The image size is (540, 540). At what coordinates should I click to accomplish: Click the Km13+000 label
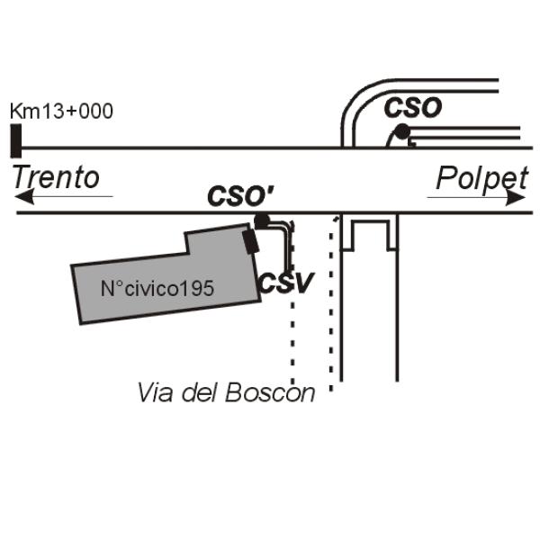61,111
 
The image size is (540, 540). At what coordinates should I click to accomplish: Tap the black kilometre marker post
16,140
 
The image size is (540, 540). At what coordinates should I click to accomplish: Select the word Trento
56,177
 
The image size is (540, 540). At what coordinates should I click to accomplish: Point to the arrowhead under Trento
25,196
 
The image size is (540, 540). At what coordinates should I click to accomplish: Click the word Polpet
481,179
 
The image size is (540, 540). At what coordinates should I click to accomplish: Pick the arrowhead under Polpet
515,198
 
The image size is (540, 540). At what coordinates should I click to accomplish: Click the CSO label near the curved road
413,107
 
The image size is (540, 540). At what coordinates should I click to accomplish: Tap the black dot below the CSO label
402,132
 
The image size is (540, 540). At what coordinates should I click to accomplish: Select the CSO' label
240,195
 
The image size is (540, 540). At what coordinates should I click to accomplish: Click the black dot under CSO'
262,221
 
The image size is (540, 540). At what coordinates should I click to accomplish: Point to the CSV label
286,283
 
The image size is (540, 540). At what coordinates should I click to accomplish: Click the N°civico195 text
157,289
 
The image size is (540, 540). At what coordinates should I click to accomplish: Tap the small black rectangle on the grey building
251,242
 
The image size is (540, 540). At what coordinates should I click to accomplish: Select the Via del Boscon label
226,392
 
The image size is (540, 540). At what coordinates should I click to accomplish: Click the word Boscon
270,392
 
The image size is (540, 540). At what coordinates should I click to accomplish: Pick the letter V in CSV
302,283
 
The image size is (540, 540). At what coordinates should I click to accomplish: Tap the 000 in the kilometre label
95,111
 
